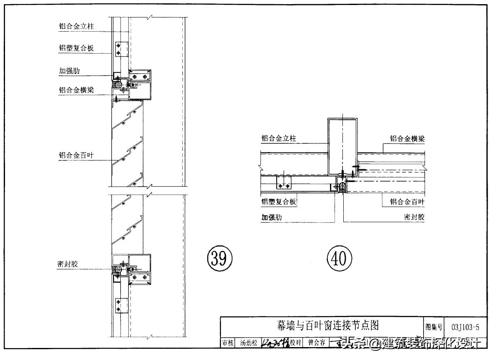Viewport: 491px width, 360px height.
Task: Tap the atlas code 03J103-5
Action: [465, 327]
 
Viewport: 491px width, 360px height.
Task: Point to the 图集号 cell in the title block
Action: [434, 327]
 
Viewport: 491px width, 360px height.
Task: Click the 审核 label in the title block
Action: [227, 343]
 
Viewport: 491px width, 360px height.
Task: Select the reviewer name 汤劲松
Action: [249, 343]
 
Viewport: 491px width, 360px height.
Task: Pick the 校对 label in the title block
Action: [295, 343]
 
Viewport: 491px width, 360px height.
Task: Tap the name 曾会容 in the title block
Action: [316, 343]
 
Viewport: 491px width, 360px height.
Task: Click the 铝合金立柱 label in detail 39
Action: [76, 26]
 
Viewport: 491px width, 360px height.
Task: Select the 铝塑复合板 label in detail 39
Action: [76, 48]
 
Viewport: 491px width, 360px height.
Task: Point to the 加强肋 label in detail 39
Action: [69, 71]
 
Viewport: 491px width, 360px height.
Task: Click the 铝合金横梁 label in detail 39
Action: [76, 90]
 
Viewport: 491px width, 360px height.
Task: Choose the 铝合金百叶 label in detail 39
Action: [76, 156]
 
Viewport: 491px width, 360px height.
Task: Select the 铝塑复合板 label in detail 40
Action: [279, 202]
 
